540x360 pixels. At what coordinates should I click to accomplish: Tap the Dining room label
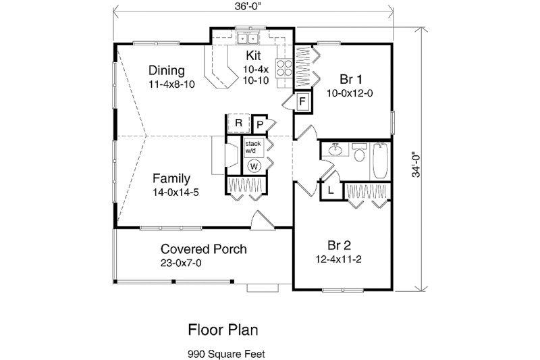pos(167,71)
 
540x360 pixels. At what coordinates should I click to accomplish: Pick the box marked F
pos(303,103)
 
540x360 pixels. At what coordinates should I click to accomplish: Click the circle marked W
pos(254,165)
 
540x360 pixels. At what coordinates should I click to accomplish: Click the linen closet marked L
pos(331,190)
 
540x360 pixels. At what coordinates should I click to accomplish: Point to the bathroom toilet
pos(358,155)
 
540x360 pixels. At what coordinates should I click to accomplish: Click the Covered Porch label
pos(203,249)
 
